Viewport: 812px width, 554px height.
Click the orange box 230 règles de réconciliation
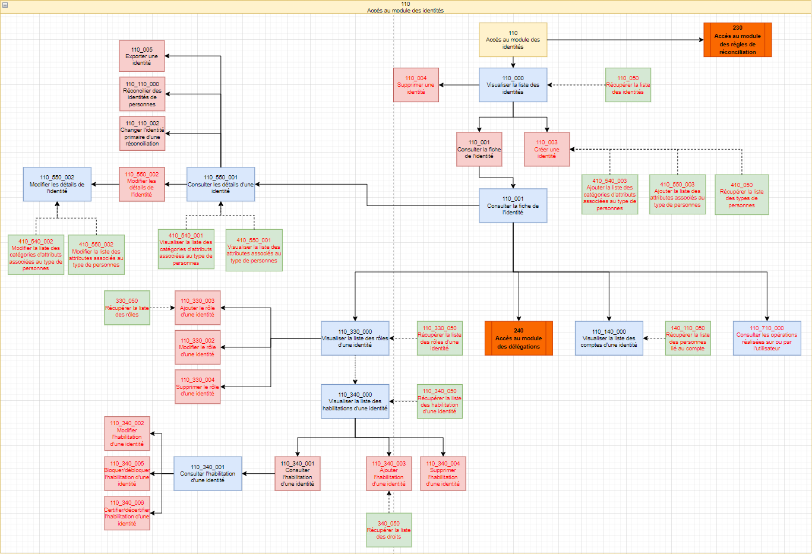point(737,40)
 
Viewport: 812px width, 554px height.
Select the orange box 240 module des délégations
point(519,338)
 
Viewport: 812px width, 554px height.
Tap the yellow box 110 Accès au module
point(513,40)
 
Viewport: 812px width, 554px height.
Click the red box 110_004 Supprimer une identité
point(416,85)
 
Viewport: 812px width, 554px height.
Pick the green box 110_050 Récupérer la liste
point(628,85)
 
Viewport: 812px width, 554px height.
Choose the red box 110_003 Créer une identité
point(546,149)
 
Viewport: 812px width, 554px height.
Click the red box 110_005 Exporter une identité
point(142,56)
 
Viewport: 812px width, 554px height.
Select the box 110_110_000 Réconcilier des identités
point(142,94)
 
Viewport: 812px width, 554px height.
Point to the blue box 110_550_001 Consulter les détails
point(221,184)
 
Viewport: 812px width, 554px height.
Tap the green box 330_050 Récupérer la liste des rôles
point(127,308)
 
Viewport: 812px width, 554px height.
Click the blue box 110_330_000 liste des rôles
point(355,338)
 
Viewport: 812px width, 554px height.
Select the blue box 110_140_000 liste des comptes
point(609,338)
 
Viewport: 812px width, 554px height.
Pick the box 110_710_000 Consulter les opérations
point(767,338)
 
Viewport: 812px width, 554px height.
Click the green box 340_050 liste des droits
point(388,530)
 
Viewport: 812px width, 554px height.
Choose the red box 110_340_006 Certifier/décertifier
point(127,513)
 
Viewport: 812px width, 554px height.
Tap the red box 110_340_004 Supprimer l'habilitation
point(443,474)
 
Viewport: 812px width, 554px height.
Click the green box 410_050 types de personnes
point(742,195)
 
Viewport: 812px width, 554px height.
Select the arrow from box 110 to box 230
point(625,40)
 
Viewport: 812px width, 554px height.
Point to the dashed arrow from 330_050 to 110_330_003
point(162,308)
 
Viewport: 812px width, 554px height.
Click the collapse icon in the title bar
point(5,5)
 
